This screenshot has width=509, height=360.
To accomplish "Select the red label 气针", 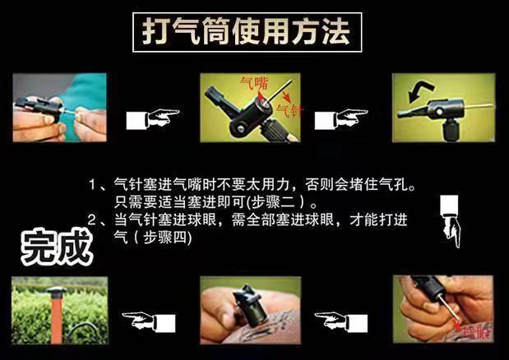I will pos(288,108).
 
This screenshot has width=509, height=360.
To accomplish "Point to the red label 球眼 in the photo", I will pos(475,334).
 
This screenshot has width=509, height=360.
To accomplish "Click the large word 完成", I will pos(55,244).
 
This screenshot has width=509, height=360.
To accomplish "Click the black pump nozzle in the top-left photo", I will pos(36,106).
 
